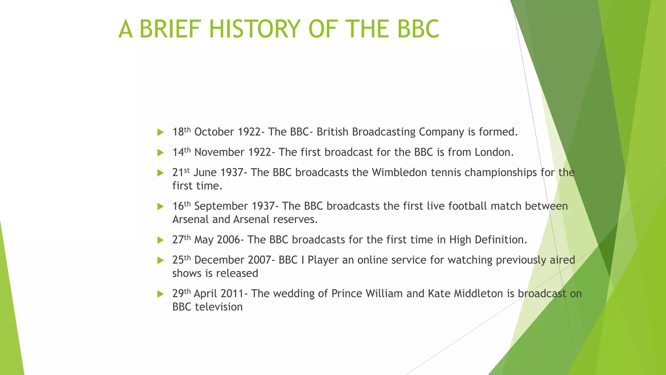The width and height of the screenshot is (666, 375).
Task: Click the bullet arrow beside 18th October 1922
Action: (x=160, y=132)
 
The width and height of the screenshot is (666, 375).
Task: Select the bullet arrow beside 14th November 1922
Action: (x=160, y=153)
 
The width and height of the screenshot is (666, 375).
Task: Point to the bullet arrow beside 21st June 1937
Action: (x=160, y=173)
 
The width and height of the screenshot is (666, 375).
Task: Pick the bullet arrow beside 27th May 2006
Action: (x=160, y=240)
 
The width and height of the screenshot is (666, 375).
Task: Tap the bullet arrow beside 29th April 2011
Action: (x=160, y=294)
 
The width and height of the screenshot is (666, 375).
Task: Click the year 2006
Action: (x=228, y=240)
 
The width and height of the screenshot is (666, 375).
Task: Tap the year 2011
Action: (x=232, y=294)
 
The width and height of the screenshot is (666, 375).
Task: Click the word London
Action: (x=494, y=152)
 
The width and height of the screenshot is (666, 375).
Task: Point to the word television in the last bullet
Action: (x=219, y=307)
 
